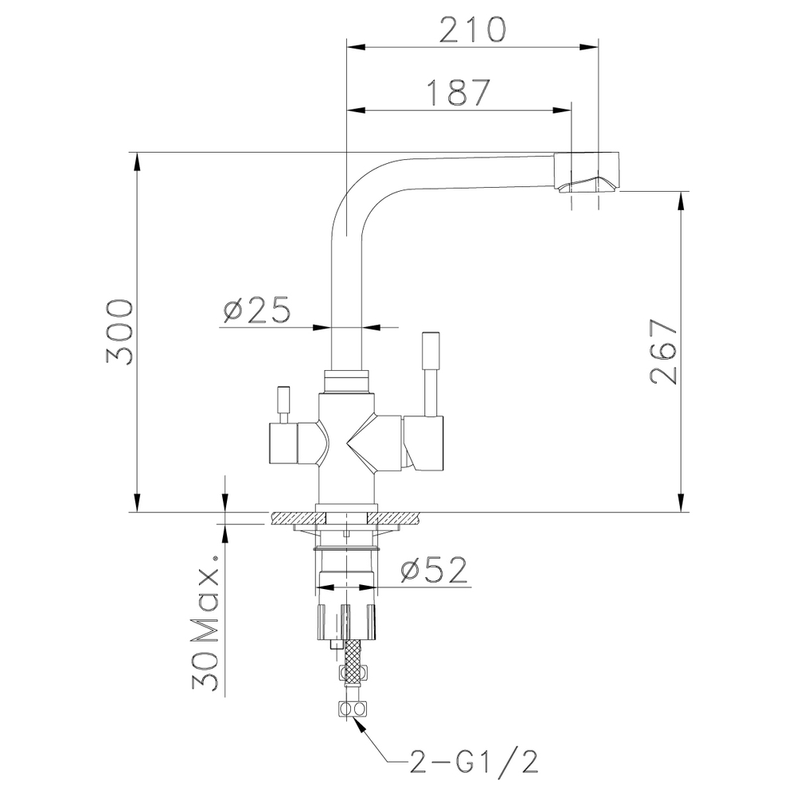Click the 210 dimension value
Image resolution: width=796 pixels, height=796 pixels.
pyautogui.click(x=472, y=30)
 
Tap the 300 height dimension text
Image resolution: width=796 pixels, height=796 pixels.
pyautogui.click(x=118, y=332)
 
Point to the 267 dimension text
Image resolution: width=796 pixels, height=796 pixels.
pyautogui.click(x=662, y=353)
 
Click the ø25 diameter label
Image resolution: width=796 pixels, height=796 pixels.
pyautogui.click(x=256, y=310)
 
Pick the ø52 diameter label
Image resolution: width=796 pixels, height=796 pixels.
pyautogui.click(x=434, y=570)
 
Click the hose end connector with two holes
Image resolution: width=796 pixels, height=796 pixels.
pyautogui.click(x=351, y=708)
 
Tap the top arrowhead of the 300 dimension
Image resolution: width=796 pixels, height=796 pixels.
pyautogui.click(x=138, y=160)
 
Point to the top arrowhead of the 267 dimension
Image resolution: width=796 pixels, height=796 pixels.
pyautogui.click(x=681, y=200)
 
